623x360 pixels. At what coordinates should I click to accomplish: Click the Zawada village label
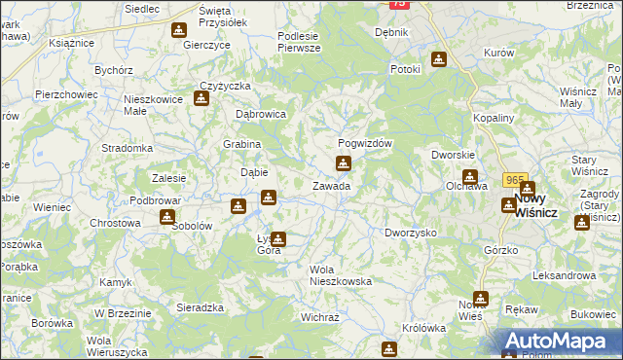point(331,185)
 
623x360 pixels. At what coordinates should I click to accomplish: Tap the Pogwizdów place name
point(364,142)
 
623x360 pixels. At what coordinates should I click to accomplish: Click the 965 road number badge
point(514,180)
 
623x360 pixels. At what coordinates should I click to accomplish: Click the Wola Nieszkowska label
point(340,274)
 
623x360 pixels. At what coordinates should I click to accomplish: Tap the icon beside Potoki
point(439,58)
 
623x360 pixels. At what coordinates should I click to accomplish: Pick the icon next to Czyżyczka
point(203,98)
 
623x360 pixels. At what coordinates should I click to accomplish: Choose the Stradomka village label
point(128,148)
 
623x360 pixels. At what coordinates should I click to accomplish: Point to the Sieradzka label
point(200,306)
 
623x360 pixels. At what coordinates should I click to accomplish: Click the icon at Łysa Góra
point(279,237)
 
